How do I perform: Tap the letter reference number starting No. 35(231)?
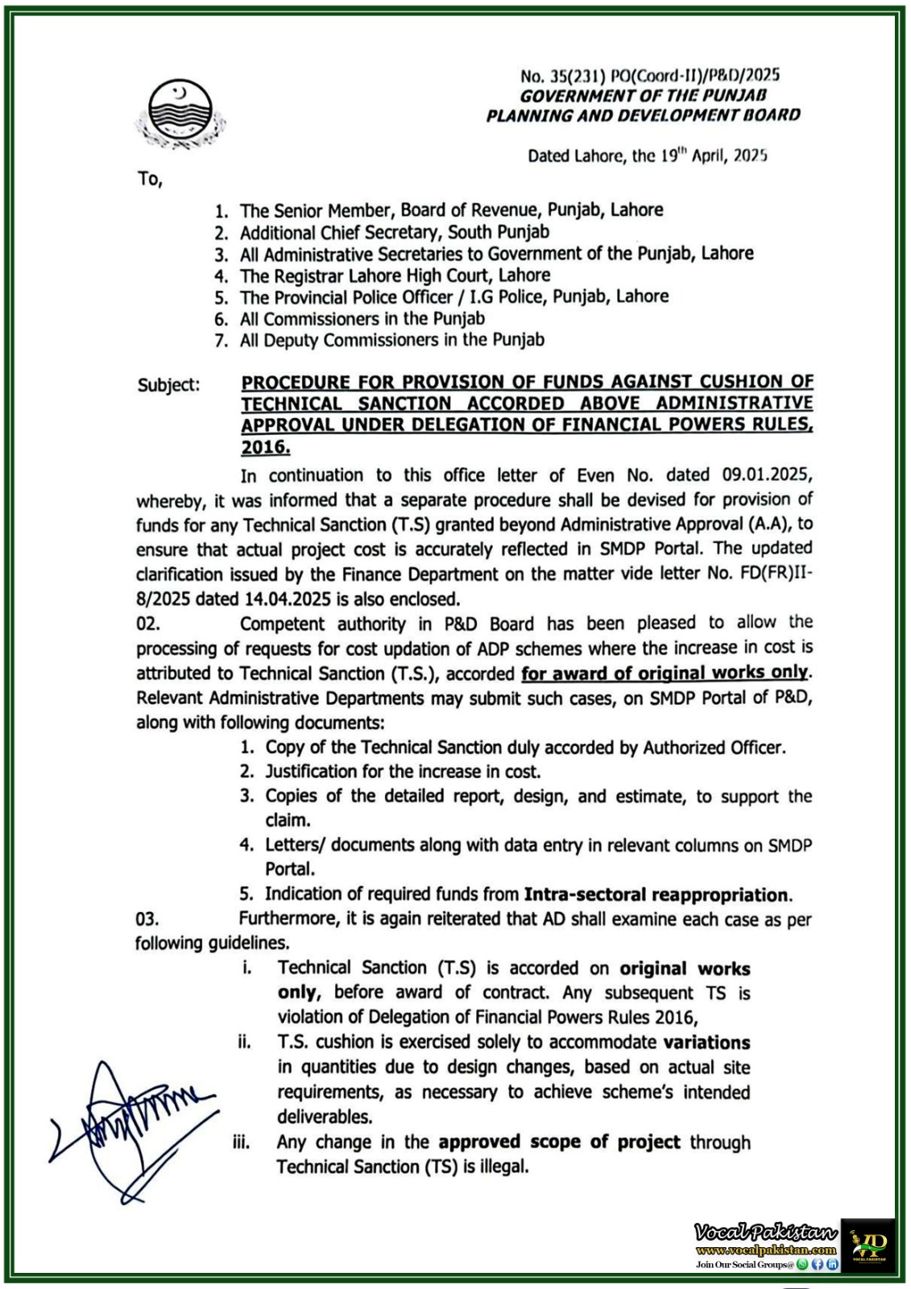[x=649, y=76]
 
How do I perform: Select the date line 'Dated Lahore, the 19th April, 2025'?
[x=647, y=155]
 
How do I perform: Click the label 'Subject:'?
[x=168, y=385]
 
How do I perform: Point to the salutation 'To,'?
[x=150, y=179]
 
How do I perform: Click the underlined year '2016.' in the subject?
[x=266, y=447]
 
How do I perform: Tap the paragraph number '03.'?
[x=147, y=919]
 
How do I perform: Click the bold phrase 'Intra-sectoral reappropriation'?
[x=656, y=894]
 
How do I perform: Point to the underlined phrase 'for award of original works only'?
[x=665, y=673]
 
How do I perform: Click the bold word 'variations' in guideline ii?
[x=706, y=1042]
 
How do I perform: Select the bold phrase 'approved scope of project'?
[x=559, y=1142]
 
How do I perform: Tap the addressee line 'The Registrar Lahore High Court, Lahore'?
[x=395, y=275]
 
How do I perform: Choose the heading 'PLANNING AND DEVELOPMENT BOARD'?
[x=643, y=115]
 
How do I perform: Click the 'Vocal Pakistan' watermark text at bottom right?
[x=765, y=1232]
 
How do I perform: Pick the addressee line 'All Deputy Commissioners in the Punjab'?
[x=391, y=340]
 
